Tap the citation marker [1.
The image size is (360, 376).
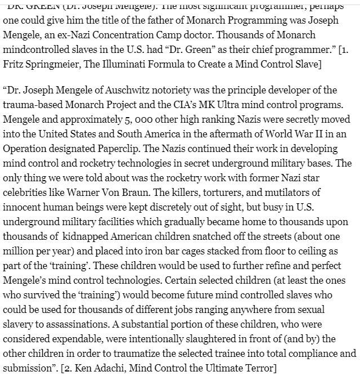click(x=342, y=50)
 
